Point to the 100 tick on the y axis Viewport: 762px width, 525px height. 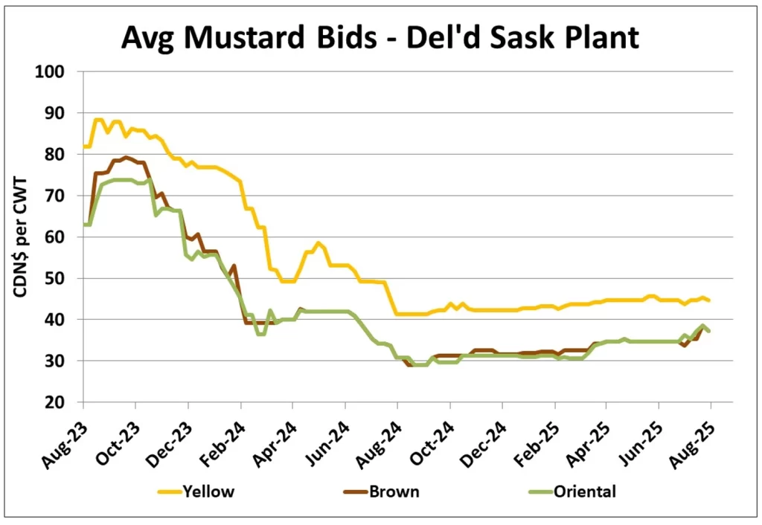56,72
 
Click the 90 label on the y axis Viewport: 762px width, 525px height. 59,113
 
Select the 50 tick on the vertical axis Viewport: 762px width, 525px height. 59,278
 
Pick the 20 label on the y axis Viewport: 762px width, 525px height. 59,402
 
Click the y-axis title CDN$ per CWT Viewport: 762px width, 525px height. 19,236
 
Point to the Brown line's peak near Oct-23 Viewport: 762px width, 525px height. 126,158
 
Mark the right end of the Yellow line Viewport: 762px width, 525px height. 710,300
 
